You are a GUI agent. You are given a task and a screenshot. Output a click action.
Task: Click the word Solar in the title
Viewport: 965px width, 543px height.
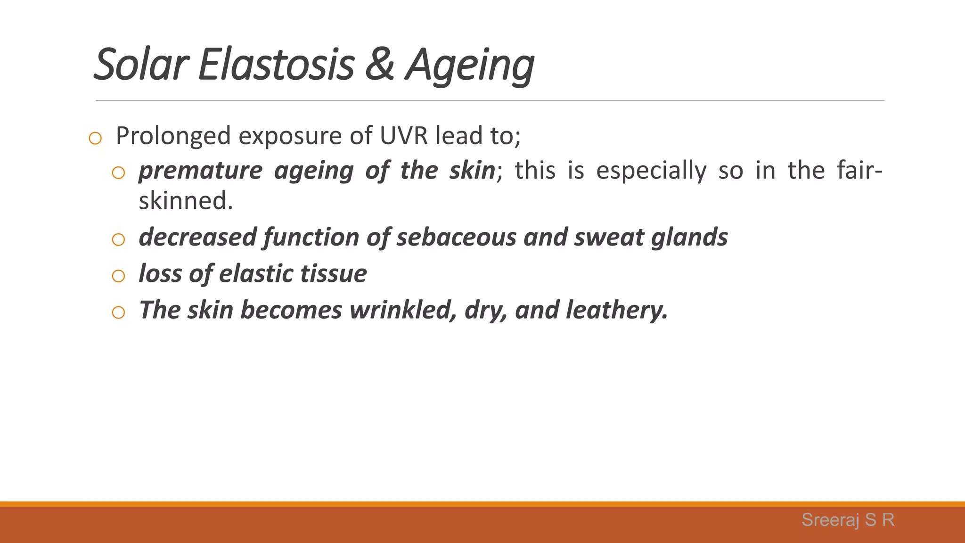pos(141,65)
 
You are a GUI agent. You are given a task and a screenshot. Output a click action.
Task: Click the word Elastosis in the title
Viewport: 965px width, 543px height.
pos(276,65)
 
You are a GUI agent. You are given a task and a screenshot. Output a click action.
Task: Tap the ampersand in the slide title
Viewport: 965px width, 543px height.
pos(379,65)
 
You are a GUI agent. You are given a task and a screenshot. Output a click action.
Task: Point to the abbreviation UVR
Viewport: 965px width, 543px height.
pos(404,136)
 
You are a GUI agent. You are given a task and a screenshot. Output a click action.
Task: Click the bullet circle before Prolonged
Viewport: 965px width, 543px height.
pos(95,139)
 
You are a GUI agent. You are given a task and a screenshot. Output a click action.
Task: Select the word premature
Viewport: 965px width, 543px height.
pos(200,171)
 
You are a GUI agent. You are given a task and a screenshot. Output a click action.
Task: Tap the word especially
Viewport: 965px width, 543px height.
pos(651,171)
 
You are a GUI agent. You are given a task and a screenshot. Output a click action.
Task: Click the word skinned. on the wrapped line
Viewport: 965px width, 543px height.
pos(186,201)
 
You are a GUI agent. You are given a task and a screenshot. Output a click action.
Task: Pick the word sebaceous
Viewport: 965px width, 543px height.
pos(456,237)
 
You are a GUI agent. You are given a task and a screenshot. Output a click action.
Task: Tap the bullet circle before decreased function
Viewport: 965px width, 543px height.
pos(118,240)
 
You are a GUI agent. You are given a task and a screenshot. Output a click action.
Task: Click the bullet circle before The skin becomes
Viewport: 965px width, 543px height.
pos(118,313)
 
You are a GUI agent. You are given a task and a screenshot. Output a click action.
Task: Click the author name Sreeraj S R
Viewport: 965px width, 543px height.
pos(848,520)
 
